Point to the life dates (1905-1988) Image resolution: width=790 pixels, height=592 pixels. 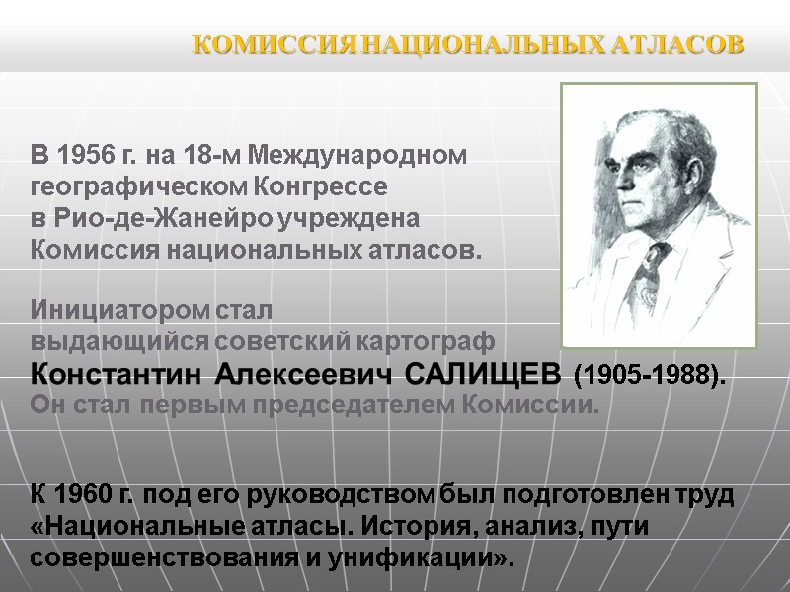tap(650, 376)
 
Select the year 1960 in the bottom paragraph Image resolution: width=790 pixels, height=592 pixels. tap(83, 493)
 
